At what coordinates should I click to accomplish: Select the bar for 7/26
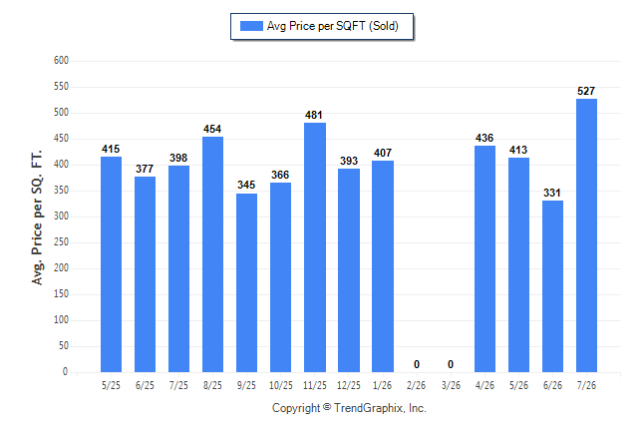[x=586, y=235]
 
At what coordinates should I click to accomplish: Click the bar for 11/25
[x=315, y=247]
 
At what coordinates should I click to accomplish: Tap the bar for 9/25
[x=247, y=283]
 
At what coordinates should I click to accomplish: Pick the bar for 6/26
[x=552, y=286]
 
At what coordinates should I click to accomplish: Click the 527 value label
[x=586, y=91]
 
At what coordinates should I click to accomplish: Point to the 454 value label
[x=212, y=129]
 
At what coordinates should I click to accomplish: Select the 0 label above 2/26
[x=417, y=364]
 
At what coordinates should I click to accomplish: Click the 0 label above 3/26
[x=451, y=364]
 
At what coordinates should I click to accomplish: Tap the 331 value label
[x=552, y=193]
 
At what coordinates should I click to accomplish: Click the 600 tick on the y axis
[x=61, y=61]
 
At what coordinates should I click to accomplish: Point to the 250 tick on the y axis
[x=61, y=241]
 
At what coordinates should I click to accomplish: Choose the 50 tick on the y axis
[x=64, y=346]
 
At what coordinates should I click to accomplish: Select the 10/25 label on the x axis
[x=281, y=385]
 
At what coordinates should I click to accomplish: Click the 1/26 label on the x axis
[x=383, y=385]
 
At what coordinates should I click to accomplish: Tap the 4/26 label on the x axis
[x=484, y=385]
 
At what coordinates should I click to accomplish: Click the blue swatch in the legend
[x=251, y=26]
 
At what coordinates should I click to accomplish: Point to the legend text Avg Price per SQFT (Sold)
[x=333, y=26]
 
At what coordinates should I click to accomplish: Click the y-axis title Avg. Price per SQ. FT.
[x=37, y=217]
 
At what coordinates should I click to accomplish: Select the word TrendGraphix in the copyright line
[x=369, y=408]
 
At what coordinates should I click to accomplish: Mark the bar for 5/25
[x=111, y=264]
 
